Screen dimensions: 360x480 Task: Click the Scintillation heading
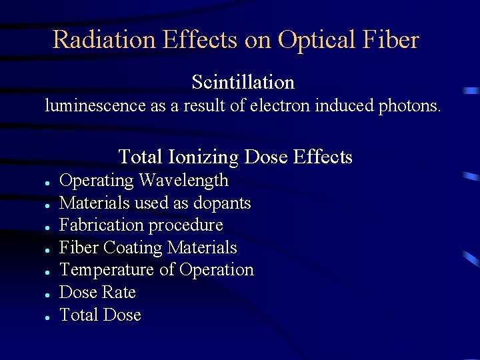243,82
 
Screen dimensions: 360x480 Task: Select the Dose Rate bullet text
97,293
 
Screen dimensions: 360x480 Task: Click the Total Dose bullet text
100,315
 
